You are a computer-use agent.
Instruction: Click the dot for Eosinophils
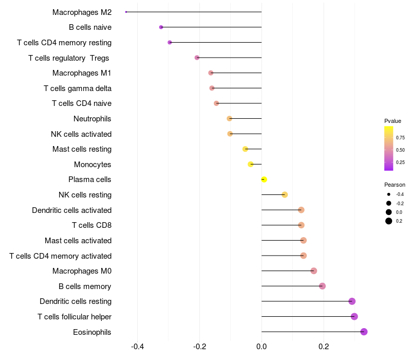tap(364, 332)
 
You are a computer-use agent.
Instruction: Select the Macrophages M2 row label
tap(82, 12)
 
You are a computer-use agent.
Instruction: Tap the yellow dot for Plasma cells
tap(264, 179)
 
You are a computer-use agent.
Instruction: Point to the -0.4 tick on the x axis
tap(137, 347)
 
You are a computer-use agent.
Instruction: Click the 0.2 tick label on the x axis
tap(324, 347)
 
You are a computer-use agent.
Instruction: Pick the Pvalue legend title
tap(393, 121)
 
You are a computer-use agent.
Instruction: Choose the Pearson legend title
tap(395, 185)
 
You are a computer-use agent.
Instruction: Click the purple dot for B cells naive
tap(161, 27)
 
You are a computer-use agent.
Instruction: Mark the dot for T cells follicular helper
tap(354, 316)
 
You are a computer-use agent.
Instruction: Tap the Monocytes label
tap(92, 165)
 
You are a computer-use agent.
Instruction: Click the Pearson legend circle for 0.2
tap(389, 221)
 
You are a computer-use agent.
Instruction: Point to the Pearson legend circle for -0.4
tap(389, 194)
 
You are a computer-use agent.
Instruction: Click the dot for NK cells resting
tap(285, 195)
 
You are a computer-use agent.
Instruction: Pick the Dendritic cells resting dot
tap(352, 301)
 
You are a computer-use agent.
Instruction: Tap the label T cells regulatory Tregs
tap(69, 58)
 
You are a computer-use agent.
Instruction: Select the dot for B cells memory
tap(322, 286)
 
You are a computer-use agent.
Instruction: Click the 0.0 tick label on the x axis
tap(261, 347)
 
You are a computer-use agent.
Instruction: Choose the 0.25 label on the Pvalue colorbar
tap(400, 162)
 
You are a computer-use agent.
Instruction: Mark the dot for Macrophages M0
tap(314, 271)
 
